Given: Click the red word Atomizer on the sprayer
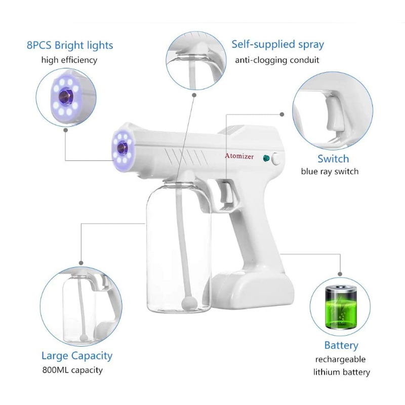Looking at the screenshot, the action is click(239, 156).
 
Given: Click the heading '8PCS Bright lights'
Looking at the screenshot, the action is click(70, 45).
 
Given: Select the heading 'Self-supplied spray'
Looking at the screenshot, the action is click(277, 45).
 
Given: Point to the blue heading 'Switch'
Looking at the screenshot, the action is click(333, 158).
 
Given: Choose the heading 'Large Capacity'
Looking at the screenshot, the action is click(77, 356).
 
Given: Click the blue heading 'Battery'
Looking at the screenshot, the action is click(341, 345).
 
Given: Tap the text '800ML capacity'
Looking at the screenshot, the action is click(72, 370).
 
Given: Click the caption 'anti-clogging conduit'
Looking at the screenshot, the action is click(277, 60).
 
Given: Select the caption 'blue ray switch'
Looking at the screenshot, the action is click(330, 172).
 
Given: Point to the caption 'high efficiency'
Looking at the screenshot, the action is click(69, 60).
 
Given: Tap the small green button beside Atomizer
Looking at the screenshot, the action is click(266, 158).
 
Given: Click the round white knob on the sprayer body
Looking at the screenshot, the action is click(276, 158).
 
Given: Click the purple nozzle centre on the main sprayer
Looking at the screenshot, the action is click(121, 148).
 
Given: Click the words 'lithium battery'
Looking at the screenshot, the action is click(341, 372).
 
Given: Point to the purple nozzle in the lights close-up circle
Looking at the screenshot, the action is click(66, 97).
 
